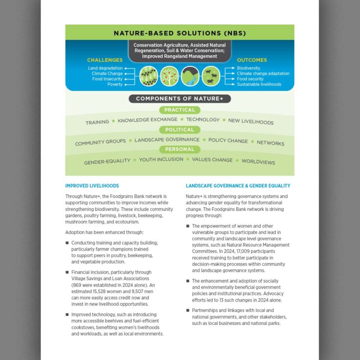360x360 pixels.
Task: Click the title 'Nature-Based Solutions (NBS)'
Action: [x=180, y=34]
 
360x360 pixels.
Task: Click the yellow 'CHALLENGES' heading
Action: [x=105, y=60]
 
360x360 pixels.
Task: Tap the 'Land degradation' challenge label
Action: [x=106, y=68]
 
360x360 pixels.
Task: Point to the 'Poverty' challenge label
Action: [x=115, y=84]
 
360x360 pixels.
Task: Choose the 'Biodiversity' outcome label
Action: [x=248, y=68]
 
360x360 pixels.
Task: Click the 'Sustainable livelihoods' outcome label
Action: [x=259, y=84]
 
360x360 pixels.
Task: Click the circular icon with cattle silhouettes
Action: [x=211, y=76]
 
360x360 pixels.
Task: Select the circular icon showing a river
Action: [x=190, y=76]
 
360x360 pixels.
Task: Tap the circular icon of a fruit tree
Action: [x=169, y=76]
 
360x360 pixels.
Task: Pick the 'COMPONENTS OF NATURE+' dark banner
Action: [x=180, y=98]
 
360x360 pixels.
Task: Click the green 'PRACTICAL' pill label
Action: [x=180, y=110]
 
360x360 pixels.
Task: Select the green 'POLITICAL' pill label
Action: [x=180, y=130]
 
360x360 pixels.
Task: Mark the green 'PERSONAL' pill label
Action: [x=180, y=149]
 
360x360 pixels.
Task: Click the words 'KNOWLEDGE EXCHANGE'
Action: [x=147, y=120]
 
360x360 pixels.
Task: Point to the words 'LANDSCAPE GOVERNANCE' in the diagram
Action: [x=167, y=140]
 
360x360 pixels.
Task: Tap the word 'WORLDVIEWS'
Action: [x=258, y=162]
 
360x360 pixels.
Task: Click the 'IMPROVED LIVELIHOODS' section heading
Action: [x=92, y=186]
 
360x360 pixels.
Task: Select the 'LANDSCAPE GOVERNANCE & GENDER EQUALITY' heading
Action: [x=238, y=186]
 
